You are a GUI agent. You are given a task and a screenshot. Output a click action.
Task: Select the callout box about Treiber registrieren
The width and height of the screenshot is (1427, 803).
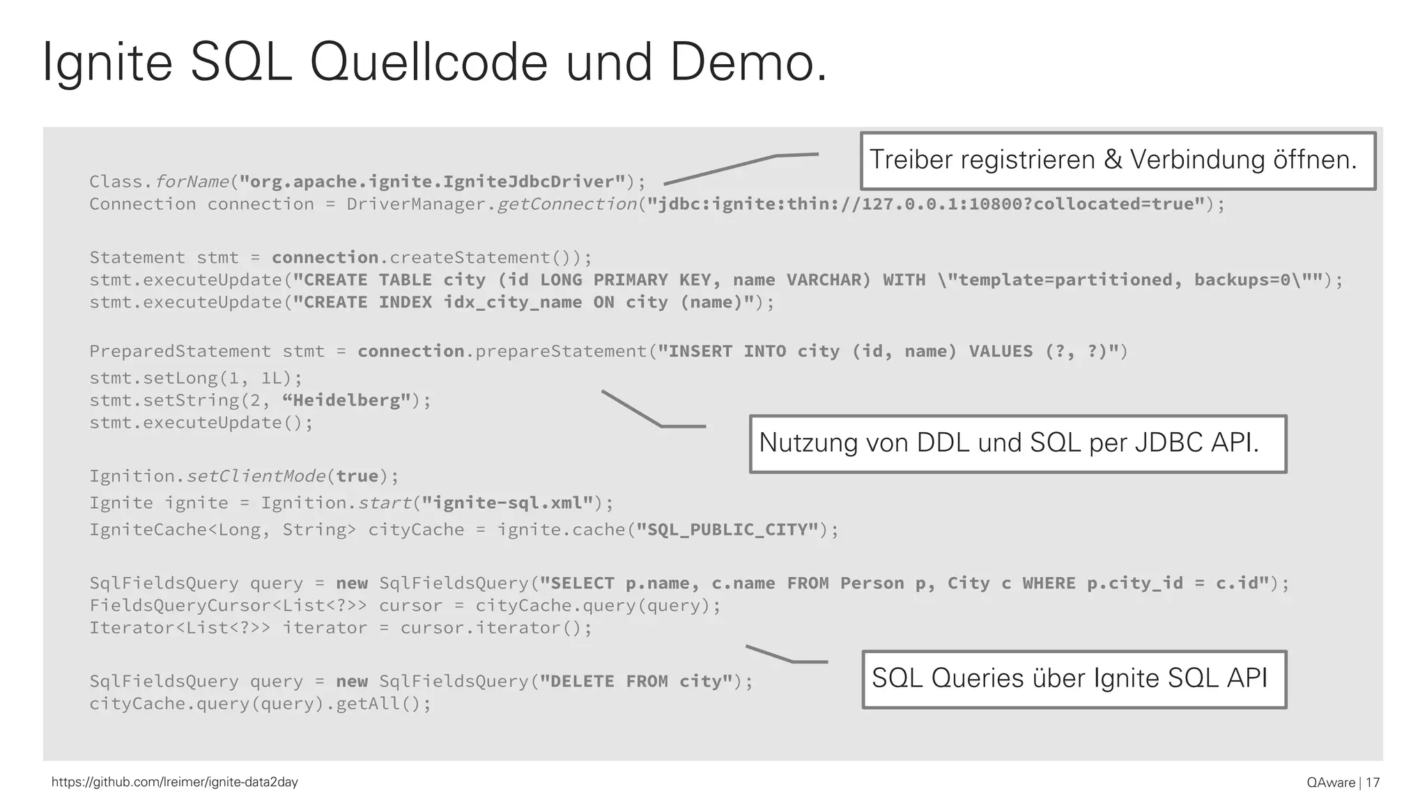pos(1118,160)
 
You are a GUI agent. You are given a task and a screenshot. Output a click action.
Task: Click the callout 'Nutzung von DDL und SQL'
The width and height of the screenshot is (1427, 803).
pos(1017,443)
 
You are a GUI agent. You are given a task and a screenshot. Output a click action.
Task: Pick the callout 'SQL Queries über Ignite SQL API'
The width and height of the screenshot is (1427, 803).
pos(1074,679)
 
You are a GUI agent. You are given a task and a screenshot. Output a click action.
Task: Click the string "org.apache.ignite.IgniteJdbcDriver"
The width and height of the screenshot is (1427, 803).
pos(432,182)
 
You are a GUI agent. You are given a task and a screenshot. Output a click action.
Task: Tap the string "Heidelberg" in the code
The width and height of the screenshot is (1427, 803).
pos(346,401)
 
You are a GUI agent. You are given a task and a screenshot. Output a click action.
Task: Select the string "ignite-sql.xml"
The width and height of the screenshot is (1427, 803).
pos(507,503)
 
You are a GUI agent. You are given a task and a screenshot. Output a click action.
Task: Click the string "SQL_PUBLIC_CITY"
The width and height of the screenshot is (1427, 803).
pos(727,530)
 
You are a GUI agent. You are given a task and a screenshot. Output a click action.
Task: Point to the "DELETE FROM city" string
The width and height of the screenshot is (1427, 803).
pos(637,681)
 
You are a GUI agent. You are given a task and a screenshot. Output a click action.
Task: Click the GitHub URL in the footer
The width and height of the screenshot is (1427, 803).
pos(175,782)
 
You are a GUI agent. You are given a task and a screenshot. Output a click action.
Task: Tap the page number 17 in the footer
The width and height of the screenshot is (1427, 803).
pos(1373,782)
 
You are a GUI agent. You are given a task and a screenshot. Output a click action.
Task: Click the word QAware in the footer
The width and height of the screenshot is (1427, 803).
pos(1331,782)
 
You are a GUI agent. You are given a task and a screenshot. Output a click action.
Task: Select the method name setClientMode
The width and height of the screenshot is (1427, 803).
pos(256,477)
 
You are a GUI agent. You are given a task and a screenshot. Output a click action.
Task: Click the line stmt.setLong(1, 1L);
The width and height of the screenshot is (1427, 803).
pos(196,378)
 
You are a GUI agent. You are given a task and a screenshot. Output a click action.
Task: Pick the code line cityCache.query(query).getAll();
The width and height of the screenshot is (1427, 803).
pos(260,704)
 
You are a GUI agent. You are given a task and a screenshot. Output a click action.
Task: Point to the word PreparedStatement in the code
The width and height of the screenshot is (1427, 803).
pos(180,351)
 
